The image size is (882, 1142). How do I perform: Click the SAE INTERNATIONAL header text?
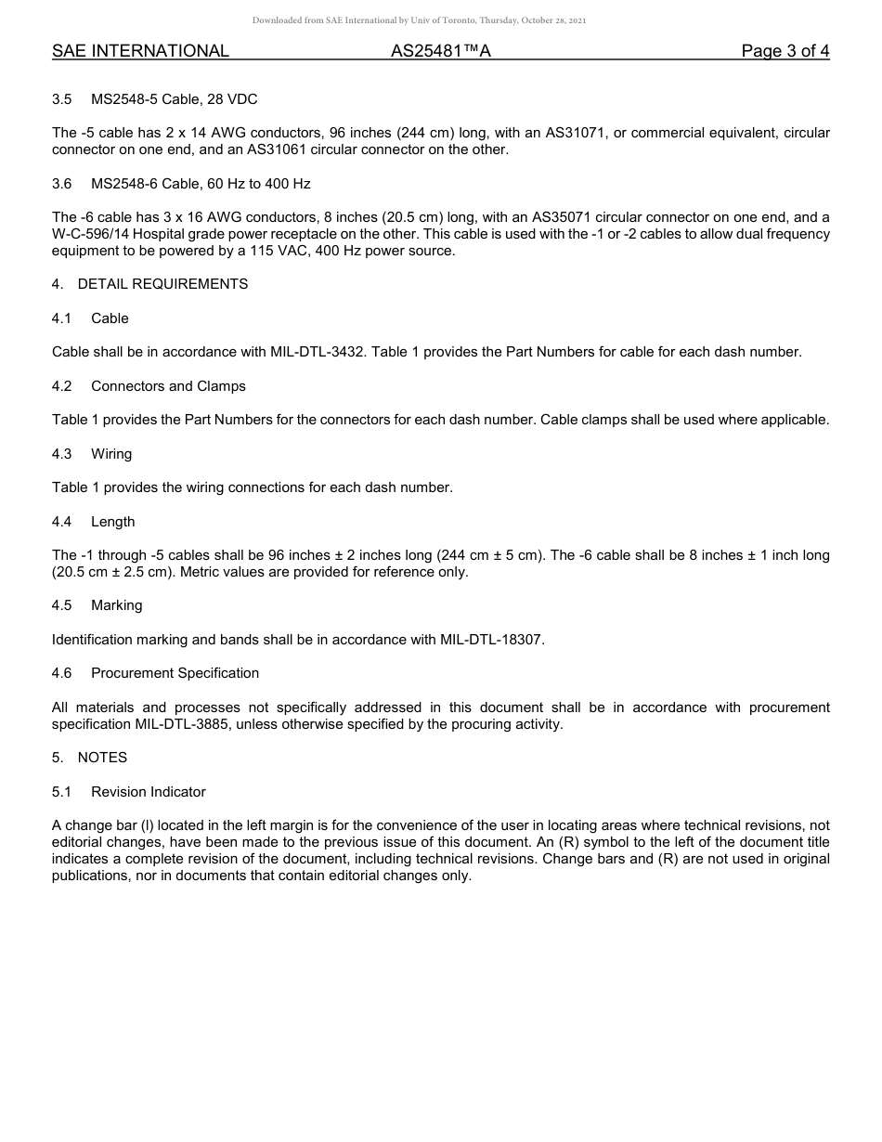[x=140, y=51]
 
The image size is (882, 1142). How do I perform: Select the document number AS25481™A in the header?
[x=440, y=51]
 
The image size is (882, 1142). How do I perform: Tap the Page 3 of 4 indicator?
[x=785, y=51]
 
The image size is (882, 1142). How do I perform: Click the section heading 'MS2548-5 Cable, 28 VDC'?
[x=174, y=99]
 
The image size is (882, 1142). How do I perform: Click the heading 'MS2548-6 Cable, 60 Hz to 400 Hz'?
[x=201, y=184]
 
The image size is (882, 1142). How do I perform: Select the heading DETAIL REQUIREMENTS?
[x=162, y=284]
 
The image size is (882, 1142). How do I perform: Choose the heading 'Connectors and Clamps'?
[x=168, y=386]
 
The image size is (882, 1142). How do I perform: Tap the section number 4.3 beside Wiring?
[x=61, y=454]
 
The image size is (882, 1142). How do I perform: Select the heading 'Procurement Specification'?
[x=175, y=673]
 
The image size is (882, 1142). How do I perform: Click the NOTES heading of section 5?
[x=102, y=758]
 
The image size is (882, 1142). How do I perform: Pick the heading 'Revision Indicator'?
[x=148, y=792]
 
